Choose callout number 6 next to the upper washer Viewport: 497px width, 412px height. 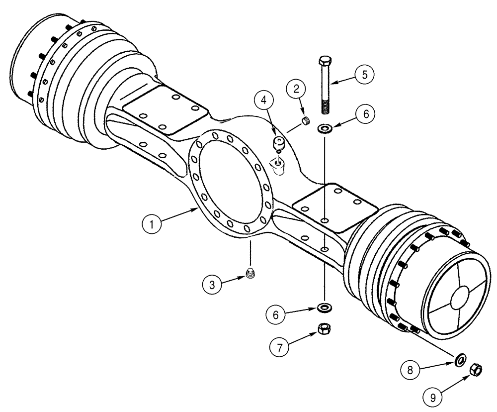click(365, 114)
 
